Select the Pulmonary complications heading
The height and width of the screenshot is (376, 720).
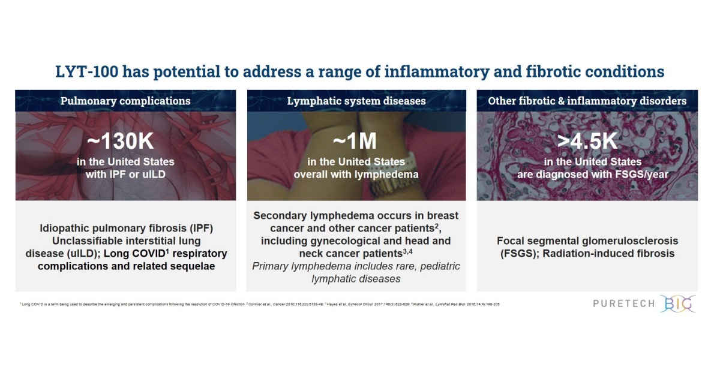(x=125, y=101)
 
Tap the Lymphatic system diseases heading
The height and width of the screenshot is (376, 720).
(x=356, y=101)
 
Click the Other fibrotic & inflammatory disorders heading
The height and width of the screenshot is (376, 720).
(x=587, y=101)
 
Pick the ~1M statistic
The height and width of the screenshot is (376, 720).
(x=356, y=142)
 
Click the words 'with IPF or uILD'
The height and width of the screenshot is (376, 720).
(x=125, y=175)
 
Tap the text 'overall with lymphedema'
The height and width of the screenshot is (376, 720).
(x=356, y=175)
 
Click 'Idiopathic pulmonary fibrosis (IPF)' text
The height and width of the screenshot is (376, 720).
(x=126, y=228)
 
